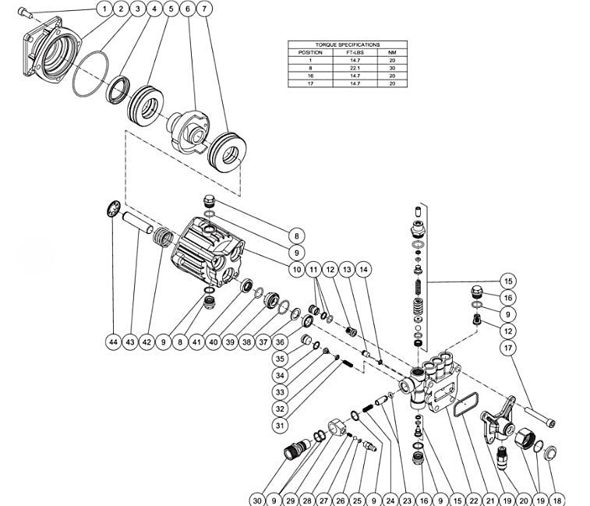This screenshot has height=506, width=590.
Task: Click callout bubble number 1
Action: point(103,9)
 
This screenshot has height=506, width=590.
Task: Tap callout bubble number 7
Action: point(204,9)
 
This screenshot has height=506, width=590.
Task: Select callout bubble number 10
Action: point(295,270)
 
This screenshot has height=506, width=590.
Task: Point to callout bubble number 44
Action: point(114,341)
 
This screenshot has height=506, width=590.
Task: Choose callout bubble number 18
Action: point(558,499)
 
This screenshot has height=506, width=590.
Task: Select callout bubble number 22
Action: point(473,499)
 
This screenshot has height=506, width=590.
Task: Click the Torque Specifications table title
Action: point(348,45)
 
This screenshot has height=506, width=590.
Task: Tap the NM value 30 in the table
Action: point(392,68)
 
